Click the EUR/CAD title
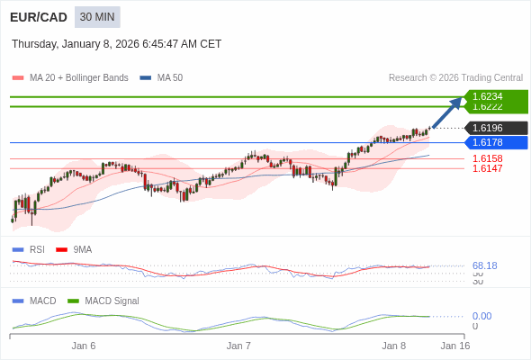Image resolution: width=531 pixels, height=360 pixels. (x=39, y=17)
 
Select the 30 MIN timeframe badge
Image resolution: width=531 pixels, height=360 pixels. (x=97, y=17)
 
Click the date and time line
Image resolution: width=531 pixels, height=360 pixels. (x=116, y=44)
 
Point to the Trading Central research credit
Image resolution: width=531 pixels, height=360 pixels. (x=455, y=77)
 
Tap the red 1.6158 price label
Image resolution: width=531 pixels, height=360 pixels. (x=487, y=158)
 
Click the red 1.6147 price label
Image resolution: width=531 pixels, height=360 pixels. (x=487, y=168)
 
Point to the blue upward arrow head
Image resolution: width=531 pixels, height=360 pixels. (x=456, y=102)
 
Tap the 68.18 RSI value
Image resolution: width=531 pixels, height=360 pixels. (x=484, y=265)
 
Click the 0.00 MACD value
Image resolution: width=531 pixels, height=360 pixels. (x=481, y=316)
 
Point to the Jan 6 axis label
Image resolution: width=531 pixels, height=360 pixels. (x=84, y=346)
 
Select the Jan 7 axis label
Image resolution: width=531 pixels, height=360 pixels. (x=238, y=346)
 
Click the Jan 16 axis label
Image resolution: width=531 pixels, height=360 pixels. (x=454, y=346)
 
